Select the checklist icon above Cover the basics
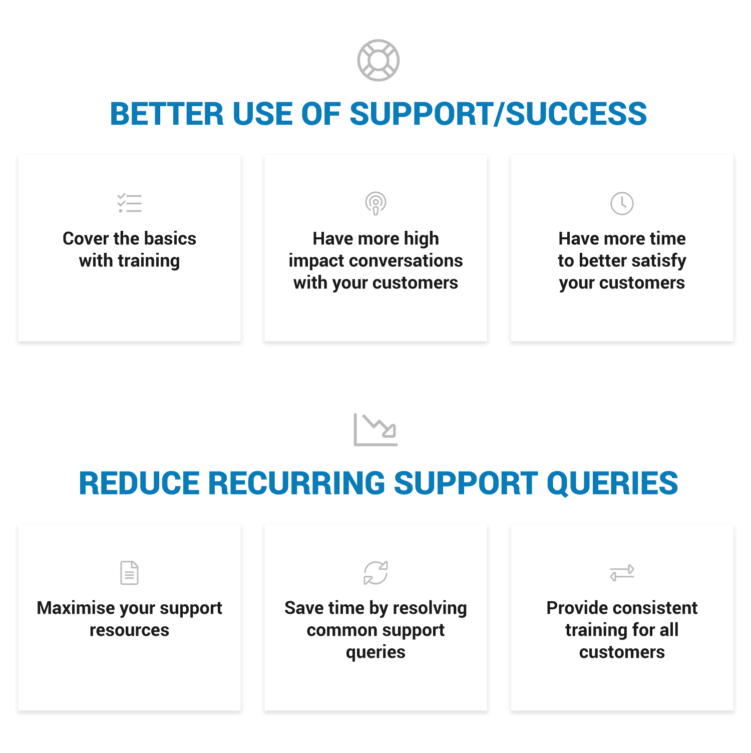130,203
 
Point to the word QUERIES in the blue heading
612,484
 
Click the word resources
130,630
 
